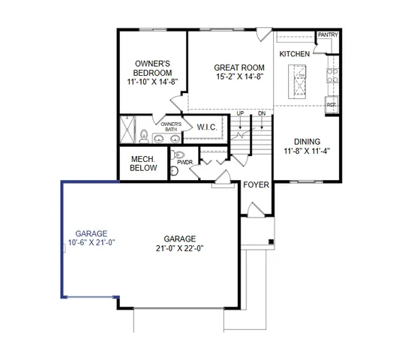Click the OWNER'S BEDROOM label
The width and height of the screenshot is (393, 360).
tap(153, 67)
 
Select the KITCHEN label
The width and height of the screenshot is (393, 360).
tap(295, 55)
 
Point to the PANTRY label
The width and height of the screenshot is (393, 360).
tap(328, 35)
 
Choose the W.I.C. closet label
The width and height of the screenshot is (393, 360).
tap(206, 127)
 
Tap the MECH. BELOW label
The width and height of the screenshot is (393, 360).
tap(143, 163)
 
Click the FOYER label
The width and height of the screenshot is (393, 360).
tap(255, 184)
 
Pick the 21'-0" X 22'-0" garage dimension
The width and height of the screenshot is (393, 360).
tap(179, 248)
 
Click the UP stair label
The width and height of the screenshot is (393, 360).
tap(240, 113)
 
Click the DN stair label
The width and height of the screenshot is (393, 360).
tap(262, 113)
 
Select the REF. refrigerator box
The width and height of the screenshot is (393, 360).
tap(331, 106)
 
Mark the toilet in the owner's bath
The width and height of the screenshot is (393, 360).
tap(142, 136)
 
